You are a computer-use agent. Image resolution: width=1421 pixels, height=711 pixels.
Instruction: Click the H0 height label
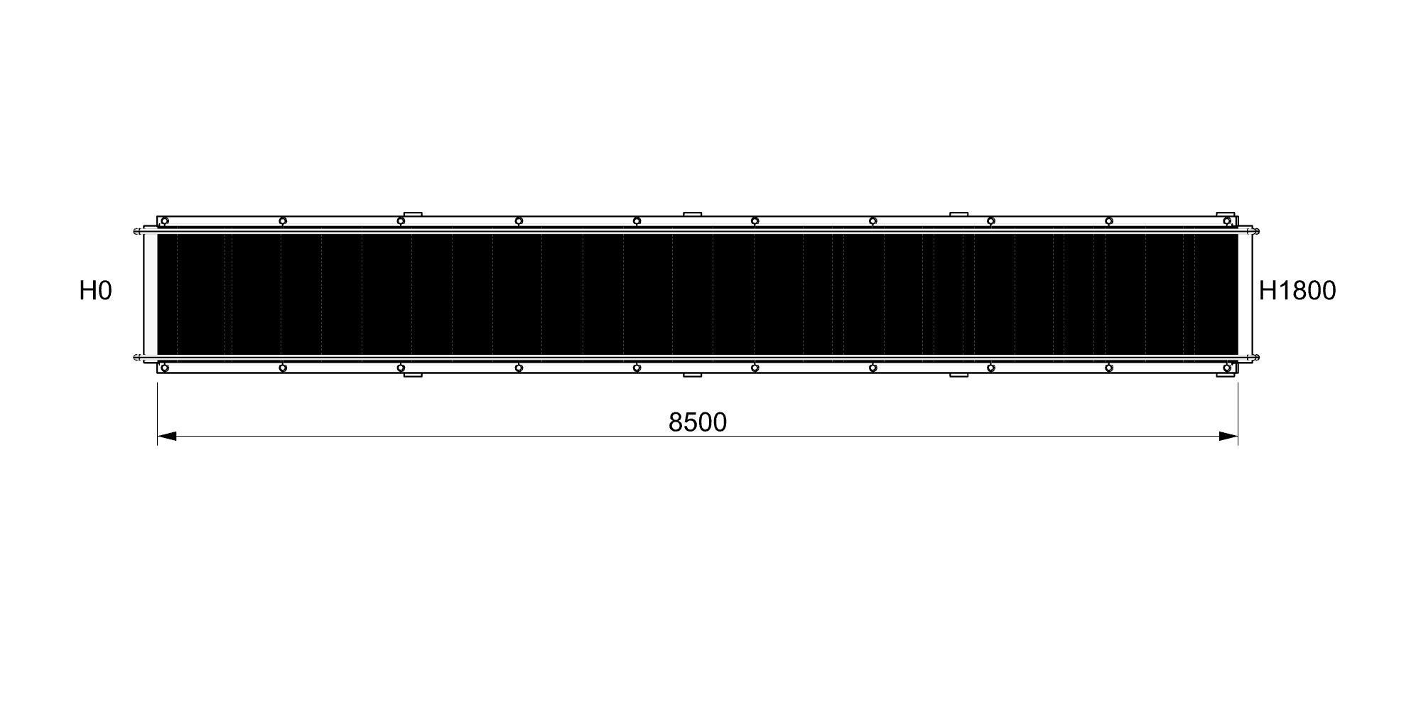[95, 291]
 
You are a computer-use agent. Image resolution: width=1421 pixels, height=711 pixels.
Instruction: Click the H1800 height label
[1297, 291]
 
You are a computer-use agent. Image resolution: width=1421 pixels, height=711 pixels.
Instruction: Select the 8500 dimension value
[697, 422]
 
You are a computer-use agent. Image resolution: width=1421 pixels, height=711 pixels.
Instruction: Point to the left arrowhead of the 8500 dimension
[166, 436]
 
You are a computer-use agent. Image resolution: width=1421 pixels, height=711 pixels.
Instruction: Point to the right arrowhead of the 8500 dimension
[1228, 436]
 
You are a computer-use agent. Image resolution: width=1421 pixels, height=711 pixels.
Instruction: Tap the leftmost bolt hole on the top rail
[164, 221]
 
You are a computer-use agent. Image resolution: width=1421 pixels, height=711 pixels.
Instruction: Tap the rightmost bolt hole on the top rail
[1226, 221]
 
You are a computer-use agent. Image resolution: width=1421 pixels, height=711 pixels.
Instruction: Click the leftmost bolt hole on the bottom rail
[164, 368]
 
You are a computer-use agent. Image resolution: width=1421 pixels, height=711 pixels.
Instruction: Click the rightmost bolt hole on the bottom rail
[1226, 368]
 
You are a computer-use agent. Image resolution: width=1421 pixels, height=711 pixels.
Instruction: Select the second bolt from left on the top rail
[282, 221]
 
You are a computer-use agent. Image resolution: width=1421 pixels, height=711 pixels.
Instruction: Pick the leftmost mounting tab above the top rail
[413, 213]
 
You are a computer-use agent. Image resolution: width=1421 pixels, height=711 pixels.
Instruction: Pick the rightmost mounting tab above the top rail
[1225, 213]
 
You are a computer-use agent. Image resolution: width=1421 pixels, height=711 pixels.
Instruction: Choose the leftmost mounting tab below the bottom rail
[413, 375]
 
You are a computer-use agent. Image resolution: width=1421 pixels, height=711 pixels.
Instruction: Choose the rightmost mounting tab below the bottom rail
[1225, 375]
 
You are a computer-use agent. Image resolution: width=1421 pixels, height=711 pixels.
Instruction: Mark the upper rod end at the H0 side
[136, 230]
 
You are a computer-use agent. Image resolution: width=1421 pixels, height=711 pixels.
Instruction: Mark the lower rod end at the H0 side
[136, 357]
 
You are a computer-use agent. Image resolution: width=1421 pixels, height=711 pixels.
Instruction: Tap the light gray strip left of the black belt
[151, 294]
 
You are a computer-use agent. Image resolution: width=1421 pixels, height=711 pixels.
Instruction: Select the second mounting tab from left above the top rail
[692, 213]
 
